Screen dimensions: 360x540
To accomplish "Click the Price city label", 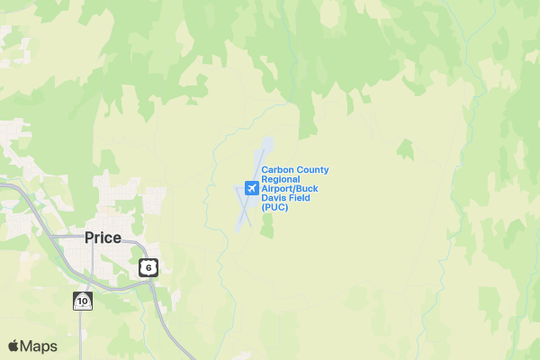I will click(103, 238).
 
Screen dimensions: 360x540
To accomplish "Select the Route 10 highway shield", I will click(83, 301).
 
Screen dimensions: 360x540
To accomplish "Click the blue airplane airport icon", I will click(251, 188).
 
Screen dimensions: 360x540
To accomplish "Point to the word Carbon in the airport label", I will click(276, 170).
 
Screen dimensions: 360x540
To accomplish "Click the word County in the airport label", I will click(311, 170).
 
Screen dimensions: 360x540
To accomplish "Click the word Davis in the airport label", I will click(273, 198).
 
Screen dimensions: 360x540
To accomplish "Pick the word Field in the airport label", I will click(298, 198).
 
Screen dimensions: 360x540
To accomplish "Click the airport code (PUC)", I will click(274, 208).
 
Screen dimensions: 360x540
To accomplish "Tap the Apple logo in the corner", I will click(13, 346).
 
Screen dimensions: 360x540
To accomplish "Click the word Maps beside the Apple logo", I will click(39, 346).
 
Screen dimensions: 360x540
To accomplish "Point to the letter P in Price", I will click(89, 238).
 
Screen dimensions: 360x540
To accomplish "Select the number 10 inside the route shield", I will click(83, 301).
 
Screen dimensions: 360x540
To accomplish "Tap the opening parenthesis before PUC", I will click(263, 208).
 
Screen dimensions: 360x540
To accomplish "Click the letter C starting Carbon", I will click(265, 170).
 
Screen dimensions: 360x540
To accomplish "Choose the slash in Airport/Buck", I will click(299, 189).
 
